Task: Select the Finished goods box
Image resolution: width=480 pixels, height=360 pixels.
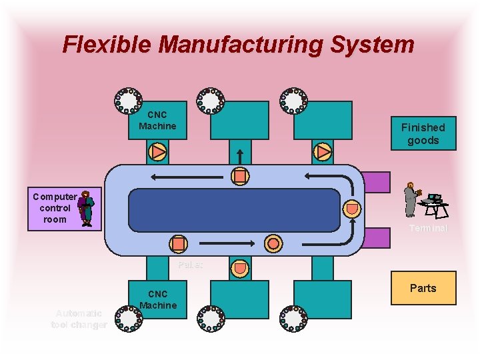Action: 423,133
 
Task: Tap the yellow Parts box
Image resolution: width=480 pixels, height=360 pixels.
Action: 423,288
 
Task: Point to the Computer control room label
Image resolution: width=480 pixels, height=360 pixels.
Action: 55,208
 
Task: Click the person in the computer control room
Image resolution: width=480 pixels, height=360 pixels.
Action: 86,208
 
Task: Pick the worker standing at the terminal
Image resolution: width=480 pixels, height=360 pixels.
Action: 411,199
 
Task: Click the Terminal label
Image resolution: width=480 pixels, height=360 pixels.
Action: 428,228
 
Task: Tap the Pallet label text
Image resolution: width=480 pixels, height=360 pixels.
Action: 190,265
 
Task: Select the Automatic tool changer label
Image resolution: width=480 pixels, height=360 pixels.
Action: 79,319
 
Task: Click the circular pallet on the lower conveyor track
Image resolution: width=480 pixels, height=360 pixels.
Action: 273,243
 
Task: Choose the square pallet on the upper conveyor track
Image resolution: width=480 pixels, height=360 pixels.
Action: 240,176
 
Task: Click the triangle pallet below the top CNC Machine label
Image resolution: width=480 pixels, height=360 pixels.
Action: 158,152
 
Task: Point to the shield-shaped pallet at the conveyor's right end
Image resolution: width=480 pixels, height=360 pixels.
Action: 351,209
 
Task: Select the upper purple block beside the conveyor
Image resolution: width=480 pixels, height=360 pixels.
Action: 377,182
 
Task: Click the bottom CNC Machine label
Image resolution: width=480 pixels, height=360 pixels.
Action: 157,299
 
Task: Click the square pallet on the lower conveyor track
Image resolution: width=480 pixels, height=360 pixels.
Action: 178,243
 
